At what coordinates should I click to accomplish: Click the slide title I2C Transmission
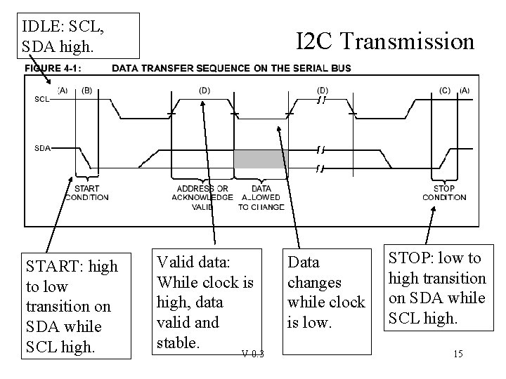coord(385,42)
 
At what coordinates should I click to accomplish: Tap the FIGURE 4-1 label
coord(53,68)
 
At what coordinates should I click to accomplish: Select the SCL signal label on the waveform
coord(42,98)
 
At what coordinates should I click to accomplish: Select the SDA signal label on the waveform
coord(42,148)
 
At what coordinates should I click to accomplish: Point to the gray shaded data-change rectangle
coord(261,159)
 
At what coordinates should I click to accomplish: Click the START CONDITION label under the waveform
coord(87,192)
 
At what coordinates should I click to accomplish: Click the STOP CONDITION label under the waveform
coord(444,192)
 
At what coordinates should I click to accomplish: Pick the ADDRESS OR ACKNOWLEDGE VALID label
coord(202,197)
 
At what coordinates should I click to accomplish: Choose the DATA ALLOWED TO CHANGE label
coord(261,197)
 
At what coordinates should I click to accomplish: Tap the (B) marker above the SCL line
coord(87,90)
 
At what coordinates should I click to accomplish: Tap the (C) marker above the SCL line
coord(444,90)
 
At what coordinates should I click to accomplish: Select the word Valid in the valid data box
coord(175,262)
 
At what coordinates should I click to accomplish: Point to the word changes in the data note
coord(315,282)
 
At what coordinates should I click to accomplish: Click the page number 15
coord(458,353)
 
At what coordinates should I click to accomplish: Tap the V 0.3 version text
coord(252,352)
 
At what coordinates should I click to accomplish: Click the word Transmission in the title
coord(409,42)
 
